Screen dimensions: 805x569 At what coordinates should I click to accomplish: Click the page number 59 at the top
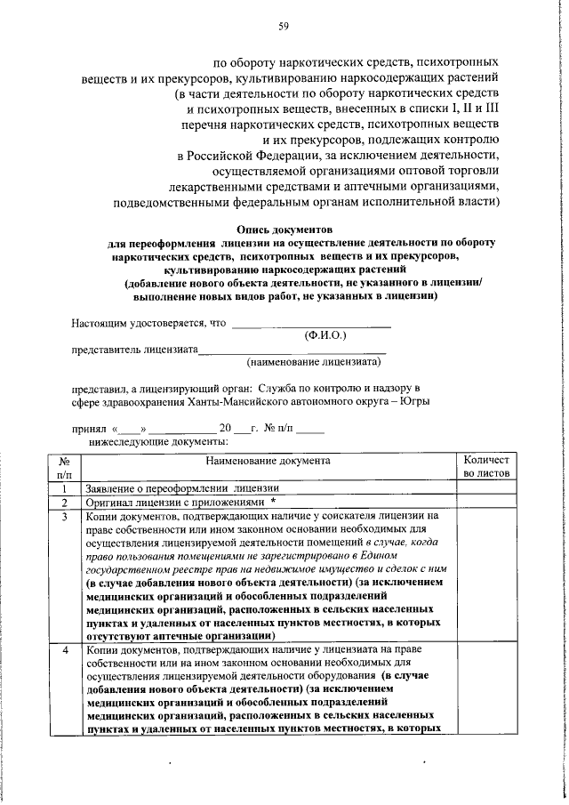click(284, 26)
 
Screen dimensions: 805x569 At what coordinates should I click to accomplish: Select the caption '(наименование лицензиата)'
click(314, 362)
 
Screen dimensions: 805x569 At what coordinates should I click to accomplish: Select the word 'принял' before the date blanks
click(88, 428)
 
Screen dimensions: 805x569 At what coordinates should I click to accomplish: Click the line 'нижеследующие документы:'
click(158, 440)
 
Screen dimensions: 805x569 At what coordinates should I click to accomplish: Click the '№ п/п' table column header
click(65, 468)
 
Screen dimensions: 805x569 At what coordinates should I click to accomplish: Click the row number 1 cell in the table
click(65, 488)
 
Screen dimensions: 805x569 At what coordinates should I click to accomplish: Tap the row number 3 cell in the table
click(65, 515)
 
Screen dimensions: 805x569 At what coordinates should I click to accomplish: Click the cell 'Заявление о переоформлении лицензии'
click(183, 488)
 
